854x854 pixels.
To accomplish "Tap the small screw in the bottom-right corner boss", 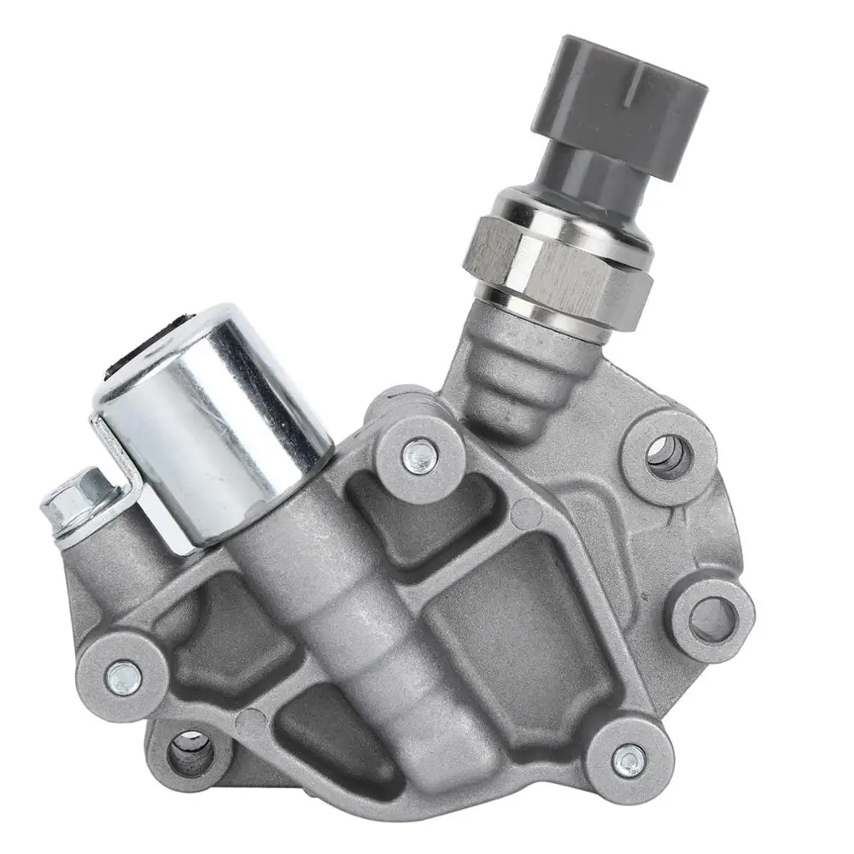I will point(629,757).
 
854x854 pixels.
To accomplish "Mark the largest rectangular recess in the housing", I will point(521,632).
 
